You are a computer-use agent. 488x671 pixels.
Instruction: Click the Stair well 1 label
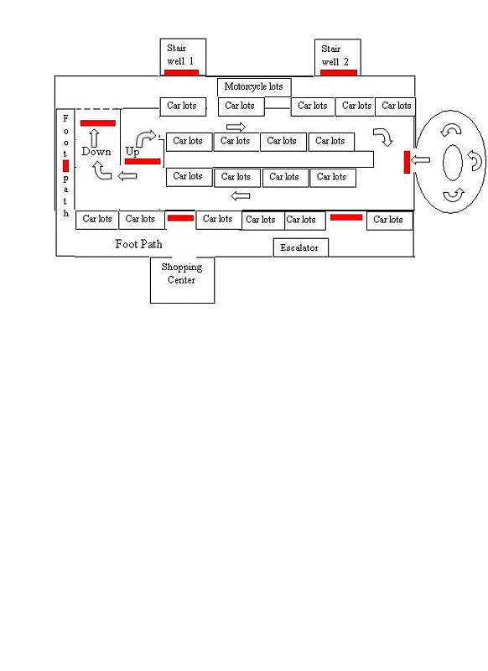(x=180, y=55)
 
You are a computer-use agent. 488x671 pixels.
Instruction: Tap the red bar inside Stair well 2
(x=338, y=73)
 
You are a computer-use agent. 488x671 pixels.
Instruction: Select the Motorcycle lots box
(x=254, y=87)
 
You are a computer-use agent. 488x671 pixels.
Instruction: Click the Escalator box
(x=301, y=247)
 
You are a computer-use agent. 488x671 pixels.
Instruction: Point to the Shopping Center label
(x=182, y=273)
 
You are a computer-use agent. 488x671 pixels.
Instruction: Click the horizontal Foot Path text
(x=138, y=244)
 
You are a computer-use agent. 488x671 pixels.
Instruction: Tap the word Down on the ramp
(x=96, y=152)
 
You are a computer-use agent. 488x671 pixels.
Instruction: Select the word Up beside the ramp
(x=132, y=152)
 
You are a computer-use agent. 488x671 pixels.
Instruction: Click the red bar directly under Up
(x=143, y=161)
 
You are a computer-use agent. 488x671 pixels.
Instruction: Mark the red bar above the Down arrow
(x=98, y=123)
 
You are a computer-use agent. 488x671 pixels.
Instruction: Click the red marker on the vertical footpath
(x=65, y=165)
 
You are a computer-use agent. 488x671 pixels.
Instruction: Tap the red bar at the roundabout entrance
(x=407, y=162)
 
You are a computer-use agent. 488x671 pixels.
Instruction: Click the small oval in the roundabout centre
(x=453, y=163)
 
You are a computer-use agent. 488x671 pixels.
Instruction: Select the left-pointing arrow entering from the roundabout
(x=420, y=160)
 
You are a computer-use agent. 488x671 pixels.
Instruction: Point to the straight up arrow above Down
(x=94, y=138)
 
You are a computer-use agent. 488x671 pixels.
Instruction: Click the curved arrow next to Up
(x=144, y=138)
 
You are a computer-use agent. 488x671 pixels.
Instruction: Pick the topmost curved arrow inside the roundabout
(x=451, y=130)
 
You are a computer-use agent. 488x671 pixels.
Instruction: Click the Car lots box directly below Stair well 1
(x=183, y=107)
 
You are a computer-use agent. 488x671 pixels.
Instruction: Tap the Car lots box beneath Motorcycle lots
(x=241, y=107)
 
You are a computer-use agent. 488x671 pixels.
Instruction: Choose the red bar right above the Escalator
(x=346, y=217)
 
